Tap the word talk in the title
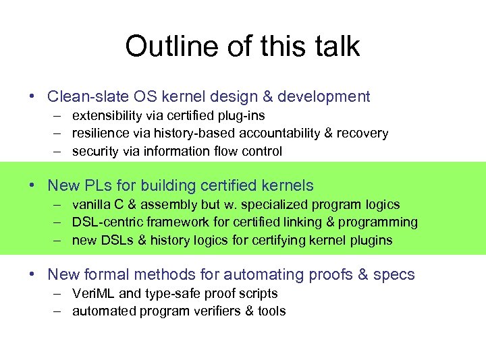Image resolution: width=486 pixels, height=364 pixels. coord(338,47)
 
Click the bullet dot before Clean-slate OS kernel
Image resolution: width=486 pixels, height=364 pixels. coord(32,96)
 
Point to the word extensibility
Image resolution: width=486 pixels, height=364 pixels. coord(105,115)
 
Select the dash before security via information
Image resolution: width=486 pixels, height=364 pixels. coord(59,152)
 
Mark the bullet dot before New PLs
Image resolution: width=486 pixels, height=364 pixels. coord(32,185)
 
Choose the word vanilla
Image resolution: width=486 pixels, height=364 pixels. coord(92,204)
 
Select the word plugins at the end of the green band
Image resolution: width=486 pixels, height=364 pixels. coord(373,240)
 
